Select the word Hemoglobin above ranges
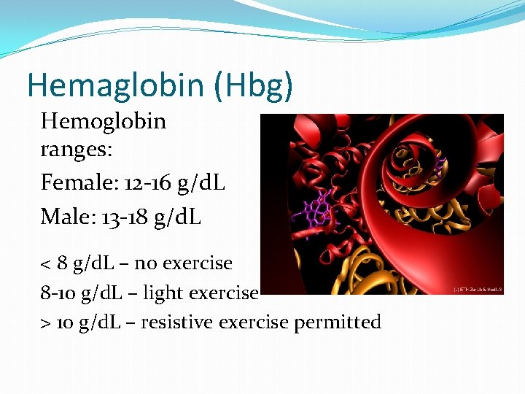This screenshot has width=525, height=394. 104,121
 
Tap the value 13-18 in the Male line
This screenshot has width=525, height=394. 119,217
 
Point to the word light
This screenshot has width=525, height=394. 163,293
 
